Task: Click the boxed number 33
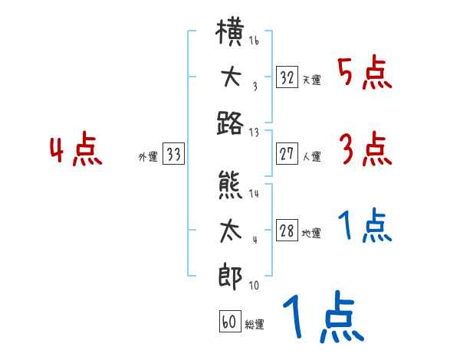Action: (x=173, y=155)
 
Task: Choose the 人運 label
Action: (x=310, y=157)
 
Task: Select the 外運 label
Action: (x=148, y=157)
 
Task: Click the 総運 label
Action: (x=255, y=324)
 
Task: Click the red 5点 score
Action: (x=364, y=74)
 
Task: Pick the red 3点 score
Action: (x=364, y=149)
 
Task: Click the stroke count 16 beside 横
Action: (x=254, y=40)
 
